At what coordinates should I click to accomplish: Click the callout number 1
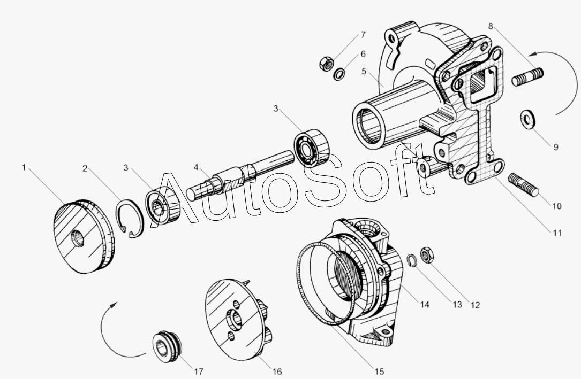[24, 167]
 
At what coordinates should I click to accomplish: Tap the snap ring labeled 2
[129, 218]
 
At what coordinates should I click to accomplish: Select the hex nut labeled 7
[326, 63]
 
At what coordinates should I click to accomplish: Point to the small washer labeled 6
[339, 74]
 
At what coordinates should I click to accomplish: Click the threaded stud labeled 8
[527, 76]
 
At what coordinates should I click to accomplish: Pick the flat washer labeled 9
[527, 119]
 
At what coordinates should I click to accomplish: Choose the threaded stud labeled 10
[524, 184]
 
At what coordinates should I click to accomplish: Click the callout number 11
[557, 233]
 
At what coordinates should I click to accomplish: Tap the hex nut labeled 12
[427, 255]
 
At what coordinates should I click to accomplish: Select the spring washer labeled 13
[412, 260]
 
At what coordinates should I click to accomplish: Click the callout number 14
[425, 304]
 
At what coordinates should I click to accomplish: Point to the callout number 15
[379, 372]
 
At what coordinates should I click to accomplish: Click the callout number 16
[277, 372]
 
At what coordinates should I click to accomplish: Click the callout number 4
[196, 167]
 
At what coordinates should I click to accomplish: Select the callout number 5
[364, 71]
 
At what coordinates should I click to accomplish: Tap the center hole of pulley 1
[78, 238]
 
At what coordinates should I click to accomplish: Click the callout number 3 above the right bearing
[276, 109]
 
